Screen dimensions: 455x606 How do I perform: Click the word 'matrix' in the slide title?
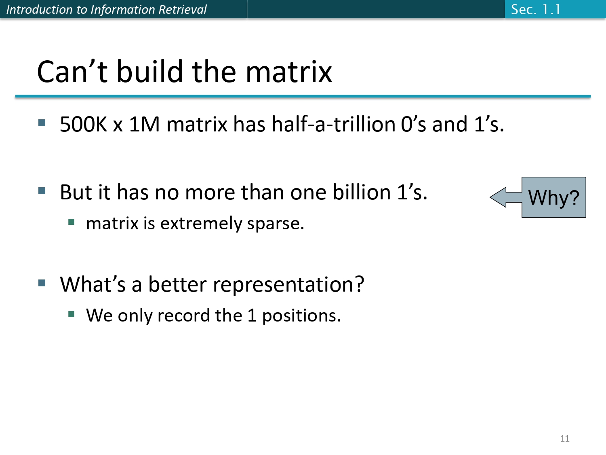point(288,72)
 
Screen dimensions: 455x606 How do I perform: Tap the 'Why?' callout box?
point(553,197)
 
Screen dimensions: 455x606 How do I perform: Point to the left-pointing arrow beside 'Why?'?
point(505,197)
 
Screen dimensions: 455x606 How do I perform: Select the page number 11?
point(565,438)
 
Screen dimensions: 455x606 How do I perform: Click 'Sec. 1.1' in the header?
point(536,9)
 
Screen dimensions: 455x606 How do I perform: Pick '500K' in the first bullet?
point(83,124)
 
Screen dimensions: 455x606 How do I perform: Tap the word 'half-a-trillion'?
point(333,124)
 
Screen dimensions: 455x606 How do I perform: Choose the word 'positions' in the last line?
point(299,316)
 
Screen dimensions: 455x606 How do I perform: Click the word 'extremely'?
point(200,224)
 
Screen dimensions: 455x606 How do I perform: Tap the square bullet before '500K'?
point(42,123)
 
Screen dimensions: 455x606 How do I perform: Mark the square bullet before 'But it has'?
point(42,190)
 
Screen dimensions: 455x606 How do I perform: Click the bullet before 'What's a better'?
point(42,283)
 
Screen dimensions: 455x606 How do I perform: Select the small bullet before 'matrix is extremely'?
point(72,222)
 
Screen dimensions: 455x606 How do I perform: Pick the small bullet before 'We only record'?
point(72,314)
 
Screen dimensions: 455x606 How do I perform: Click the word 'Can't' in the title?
point(72,72)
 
